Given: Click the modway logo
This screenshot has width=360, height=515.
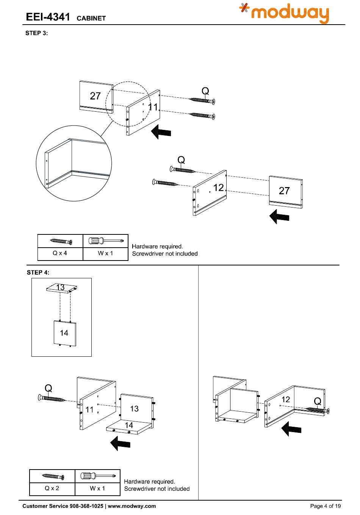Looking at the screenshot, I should (x=284, y=14).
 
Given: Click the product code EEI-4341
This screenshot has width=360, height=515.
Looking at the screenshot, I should (x=48, y=17).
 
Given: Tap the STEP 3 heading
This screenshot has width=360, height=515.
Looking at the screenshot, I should (x=36, y=33).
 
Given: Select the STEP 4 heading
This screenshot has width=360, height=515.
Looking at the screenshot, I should (x=38, y=272).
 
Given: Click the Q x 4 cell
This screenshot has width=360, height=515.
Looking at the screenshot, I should (x=60, y=253).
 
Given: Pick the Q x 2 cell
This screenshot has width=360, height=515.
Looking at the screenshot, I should (x=52, y=488).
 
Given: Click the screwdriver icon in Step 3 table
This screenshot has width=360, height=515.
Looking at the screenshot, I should (x=106, y=241).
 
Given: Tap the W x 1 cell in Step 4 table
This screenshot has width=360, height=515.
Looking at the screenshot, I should (x=97, y=488).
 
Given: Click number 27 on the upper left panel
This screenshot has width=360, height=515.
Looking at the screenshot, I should (x=95, y=96).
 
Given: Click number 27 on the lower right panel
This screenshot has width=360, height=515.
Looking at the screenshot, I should (x=284, y=190).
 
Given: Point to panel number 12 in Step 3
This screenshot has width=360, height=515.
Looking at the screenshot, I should (x=218, y=187).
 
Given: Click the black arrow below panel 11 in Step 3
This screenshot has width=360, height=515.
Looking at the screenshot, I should (x=161, y=133).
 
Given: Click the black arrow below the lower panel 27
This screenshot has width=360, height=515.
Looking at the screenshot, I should (x=279, y=217).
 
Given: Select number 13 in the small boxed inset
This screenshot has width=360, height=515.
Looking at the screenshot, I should (x=61, y=287).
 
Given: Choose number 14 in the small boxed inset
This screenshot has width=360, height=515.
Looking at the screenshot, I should (x=64, y=333).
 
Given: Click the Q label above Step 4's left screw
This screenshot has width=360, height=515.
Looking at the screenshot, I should (x=49, y=388).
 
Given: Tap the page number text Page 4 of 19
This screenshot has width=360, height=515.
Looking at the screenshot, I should (x=325, y=506).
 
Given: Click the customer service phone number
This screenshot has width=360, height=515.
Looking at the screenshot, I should (x=86, y=506).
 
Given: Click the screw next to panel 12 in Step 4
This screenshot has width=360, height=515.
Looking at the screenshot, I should (x=318, y=410).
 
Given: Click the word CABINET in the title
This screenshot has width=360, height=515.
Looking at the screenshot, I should (x=91, y=18).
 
